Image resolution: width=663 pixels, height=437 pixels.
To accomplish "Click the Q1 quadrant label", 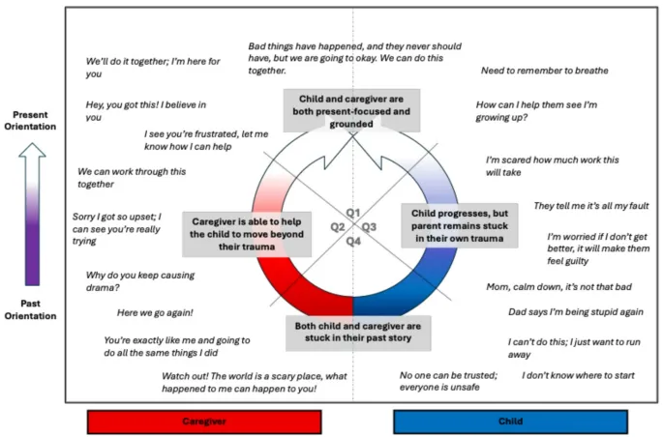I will point(352,212).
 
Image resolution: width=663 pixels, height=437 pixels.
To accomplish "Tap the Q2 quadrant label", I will point(338,227).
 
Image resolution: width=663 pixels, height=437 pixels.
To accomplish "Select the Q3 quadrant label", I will point(369,227).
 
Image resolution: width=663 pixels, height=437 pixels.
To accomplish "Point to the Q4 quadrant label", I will point(353,242).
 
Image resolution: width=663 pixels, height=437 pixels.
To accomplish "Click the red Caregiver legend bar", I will point(204,422).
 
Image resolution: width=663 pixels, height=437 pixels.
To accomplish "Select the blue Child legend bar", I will point(509,422).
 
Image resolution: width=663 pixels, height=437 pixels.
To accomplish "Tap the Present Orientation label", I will point(32,121).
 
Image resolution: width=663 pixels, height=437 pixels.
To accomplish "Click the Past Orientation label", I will point(31,308).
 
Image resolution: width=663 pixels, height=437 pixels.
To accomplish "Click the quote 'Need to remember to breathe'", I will point(544,71).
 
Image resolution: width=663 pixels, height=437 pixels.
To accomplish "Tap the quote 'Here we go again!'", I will point(155,312).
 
